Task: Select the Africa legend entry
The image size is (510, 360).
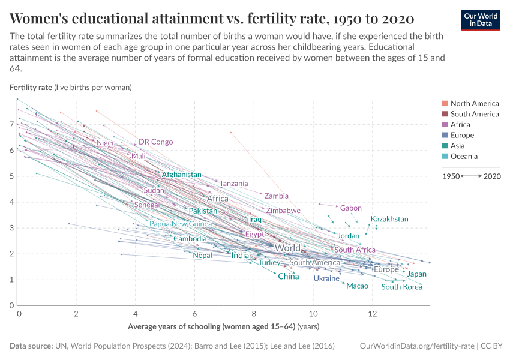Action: pos(460,125)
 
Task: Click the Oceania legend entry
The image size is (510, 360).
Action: pos(464,156)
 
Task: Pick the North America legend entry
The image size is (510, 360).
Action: pos(474,104)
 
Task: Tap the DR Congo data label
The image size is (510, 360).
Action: pos(155,142)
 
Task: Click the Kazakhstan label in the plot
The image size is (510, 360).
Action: pos(389,219)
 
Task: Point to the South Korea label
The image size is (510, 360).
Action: pos(401,287)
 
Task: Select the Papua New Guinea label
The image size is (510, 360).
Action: pos(181,224)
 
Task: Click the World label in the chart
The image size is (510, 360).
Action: pos(287,248)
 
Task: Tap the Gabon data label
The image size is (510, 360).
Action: pos(351,208)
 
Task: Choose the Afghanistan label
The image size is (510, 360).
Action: pos(181,175)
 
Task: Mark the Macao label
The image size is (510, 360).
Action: pos(358,286)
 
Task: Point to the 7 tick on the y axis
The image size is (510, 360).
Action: pos(11,124)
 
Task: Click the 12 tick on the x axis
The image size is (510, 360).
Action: pos(372,314)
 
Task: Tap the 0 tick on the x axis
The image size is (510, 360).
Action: pos(19,314)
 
